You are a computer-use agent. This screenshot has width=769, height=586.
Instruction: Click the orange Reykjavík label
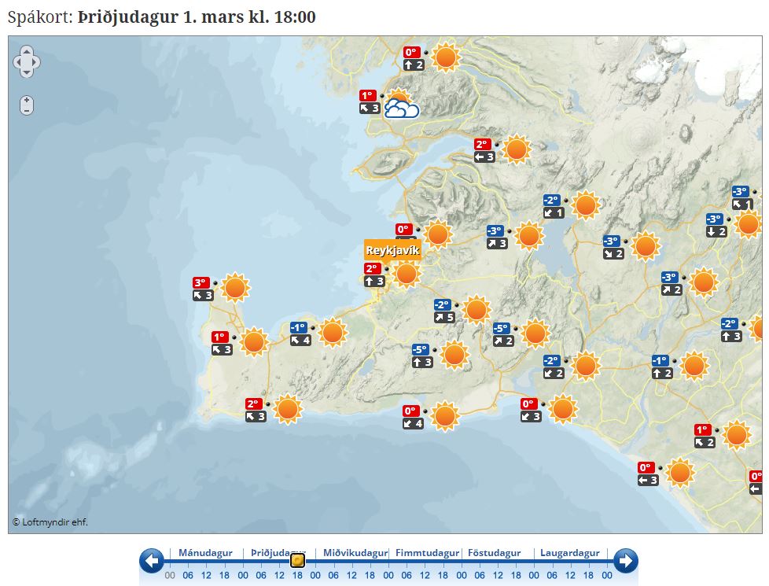[392, 250]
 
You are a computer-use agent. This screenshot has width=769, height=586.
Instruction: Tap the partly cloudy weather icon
[401, 108]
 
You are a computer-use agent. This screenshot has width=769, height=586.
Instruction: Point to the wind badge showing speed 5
[444, 318]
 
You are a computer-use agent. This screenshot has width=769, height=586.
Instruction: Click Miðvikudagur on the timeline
[355, 553]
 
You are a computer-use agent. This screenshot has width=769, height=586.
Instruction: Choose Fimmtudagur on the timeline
[427, 553]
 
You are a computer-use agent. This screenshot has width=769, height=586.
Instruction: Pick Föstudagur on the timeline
[495, 553]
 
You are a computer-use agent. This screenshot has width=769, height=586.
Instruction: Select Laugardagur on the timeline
[569, 553]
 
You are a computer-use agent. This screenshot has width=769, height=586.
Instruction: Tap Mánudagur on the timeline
[204, 553]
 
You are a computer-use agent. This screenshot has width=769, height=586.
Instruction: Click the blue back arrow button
[152, 561]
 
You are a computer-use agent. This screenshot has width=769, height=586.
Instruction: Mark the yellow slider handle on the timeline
[297, 561]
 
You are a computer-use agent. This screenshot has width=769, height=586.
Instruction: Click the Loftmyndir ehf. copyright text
[50, 522]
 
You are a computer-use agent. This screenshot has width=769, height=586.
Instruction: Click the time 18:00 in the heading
[294, 17]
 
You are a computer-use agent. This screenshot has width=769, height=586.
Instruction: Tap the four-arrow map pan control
[27, 61]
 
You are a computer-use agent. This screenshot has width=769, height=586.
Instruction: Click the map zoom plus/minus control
[27, 105]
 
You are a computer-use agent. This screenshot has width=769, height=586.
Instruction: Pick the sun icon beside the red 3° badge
[235, 288]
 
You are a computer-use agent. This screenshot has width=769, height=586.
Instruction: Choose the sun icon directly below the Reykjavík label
[406, 274]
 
